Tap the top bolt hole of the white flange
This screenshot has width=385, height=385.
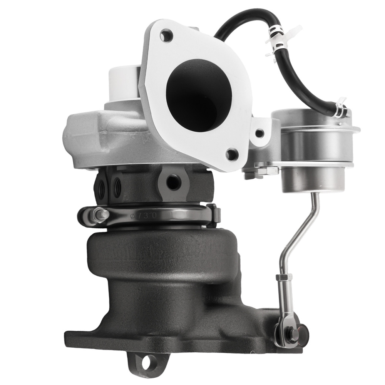click(166, 36)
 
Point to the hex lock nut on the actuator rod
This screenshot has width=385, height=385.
click(281, 278)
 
